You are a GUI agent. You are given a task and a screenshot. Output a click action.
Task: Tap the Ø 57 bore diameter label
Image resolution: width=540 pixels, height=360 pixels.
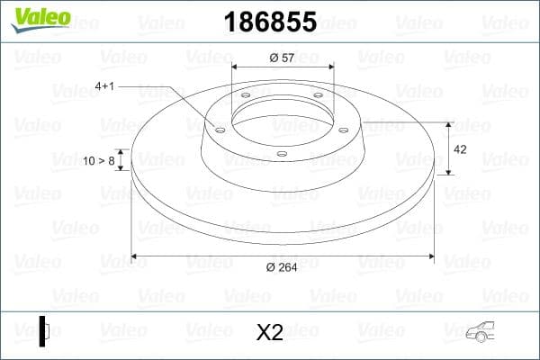click(283, 58)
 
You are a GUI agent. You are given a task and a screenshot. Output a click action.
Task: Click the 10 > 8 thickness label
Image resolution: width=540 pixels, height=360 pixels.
click(99, 161)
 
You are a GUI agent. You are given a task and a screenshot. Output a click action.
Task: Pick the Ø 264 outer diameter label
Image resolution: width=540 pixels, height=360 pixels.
click(283, 266)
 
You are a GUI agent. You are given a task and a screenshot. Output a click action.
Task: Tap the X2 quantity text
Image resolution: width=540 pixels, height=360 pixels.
click(270, 333)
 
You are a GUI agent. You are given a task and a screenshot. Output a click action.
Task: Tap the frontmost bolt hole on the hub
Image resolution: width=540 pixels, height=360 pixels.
click(281, 154)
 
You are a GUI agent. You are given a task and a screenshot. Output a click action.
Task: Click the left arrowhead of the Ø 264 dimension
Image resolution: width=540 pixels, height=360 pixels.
click(136, 256)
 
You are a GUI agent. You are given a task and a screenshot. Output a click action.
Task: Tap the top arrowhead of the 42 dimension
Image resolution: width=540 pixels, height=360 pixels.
click(448, 125)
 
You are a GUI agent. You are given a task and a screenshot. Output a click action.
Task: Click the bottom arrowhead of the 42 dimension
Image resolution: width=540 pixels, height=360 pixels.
click(448, 172)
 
